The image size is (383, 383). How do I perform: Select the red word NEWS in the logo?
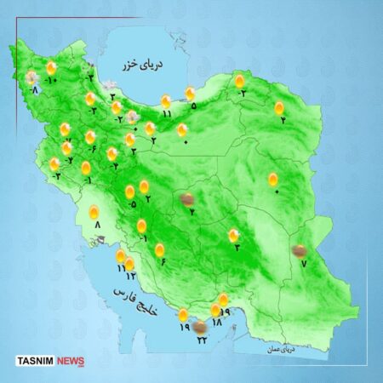(x=72, y=361)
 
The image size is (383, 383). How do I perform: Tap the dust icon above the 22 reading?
(x=199, y=326)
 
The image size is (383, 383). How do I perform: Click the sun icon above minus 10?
(x=52, y=67)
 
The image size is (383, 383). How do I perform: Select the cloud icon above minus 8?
(x=32, y=77)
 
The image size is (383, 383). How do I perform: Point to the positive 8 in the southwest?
(x=97, y=225)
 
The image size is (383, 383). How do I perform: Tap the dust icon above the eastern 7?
(x=299, y=250)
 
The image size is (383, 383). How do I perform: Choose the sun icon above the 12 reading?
(x=129, y=264)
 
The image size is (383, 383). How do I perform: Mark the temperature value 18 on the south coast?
(x=216, y=323)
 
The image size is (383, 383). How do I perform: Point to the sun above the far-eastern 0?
(x=273, y=179)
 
